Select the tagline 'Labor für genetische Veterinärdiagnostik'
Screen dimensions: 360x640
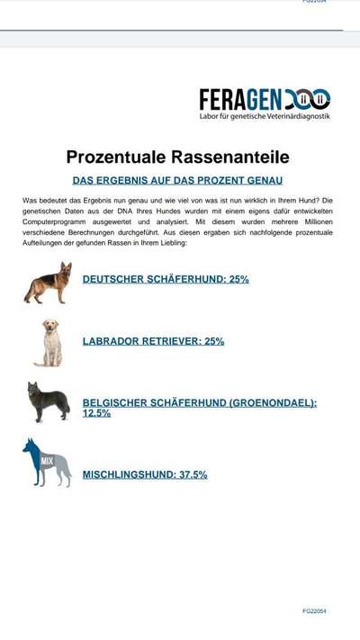[x=265, y=117]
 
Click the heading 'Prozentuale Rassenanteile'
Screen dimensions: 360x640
[x=178, y=158]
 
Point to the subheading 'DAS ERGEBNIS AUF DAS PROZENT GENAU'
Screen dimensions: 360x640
[x=178, y=181]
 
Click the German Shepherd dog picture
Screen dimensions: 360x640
[x=48, y=282]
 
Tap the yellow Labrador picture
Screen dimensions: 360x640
[x=49, y=342]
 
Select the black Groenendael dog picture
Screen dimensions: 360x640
[x=48, y=402]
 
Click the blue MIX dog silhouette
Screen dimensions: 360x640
[x=47, y=463]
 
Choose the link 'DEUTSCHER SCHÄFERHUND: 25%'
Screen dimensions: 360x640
[x=166, y=280]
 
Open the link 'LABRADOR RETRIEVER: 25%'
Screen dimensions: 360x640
[x=153, y=342]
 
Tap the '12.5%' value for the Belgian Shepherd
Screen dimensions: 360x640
[x=96, y=413]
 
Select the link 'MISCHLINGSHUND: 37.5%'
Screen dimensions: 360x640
[x=145, y=474]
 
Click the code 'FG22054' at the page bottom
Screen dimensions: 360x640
[x=314, y=611]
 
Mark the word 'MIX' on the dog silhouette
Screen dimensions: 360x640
[x=47, y=461]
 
